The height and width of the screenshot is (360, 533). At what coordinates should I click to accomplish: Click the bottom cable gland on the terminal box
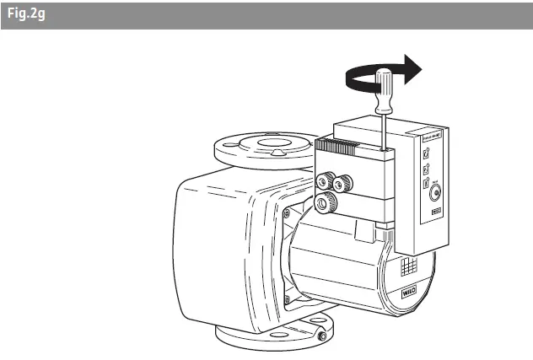pos(326,202)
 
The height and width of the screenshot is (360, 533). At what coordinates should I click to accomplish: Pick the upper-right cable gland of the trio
pos(342,183)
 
